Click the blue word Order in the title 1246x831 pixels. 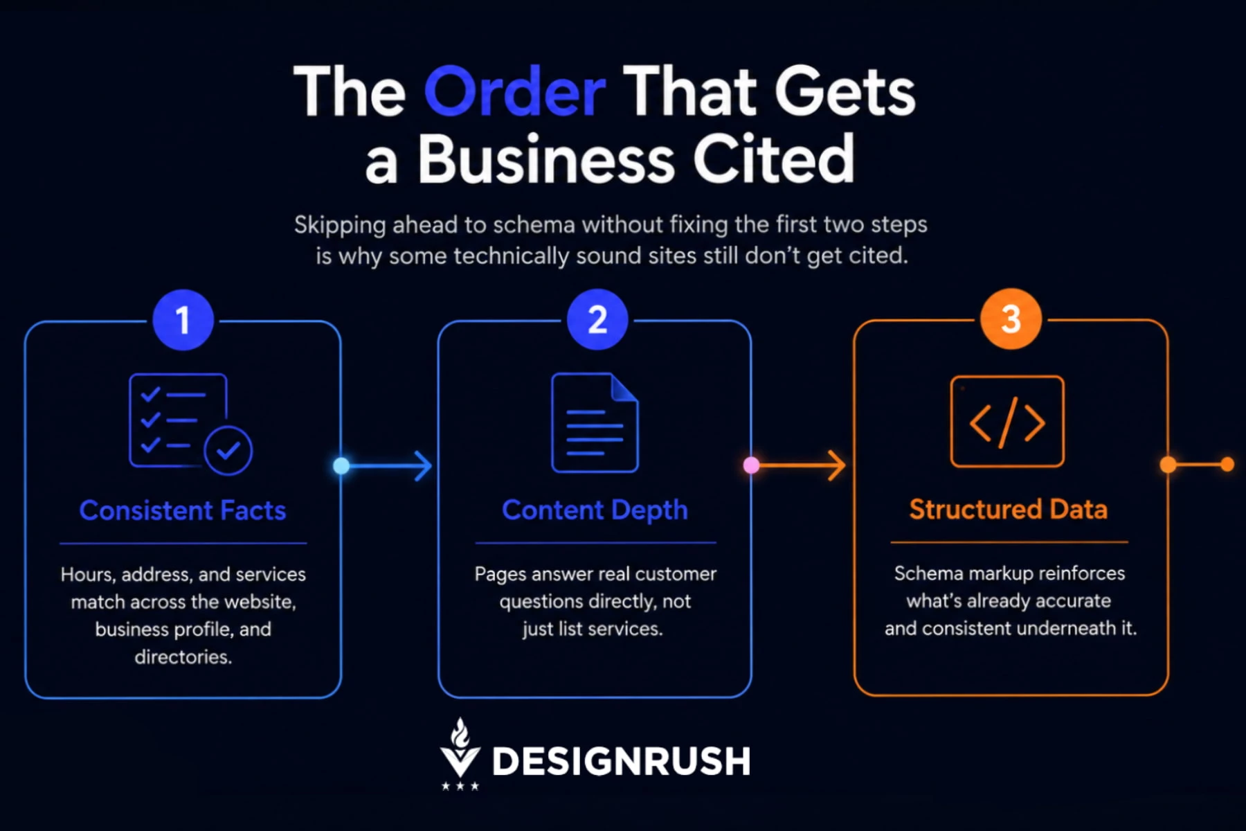point(515,91)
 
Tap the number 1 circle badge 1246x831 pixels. point(183,320)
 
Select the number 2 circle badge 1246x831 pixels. point(597,319)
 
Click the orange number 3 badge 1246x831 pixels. point(1011,319)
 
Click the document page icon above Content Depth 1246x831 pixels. point(595,422)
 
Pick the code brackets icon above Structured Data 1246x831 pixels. point(1007,421)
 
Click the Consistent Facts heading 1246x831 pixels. point(183,510)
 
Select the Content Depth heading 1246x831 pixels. point(595,510)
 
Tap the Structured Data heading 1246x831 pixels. point(1008,509)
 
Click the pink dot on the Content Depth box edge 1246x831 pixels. point(751,465)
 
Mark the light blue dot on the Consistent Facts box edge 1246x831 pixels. point(341,466)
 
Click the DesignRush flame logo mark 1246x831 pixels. point(460,753)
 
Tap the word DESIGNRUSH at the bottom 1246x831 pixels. point(621,762)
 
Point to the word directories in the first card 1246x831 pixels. point(183,656)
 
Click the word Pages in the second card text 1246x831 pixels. point(500,575)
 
